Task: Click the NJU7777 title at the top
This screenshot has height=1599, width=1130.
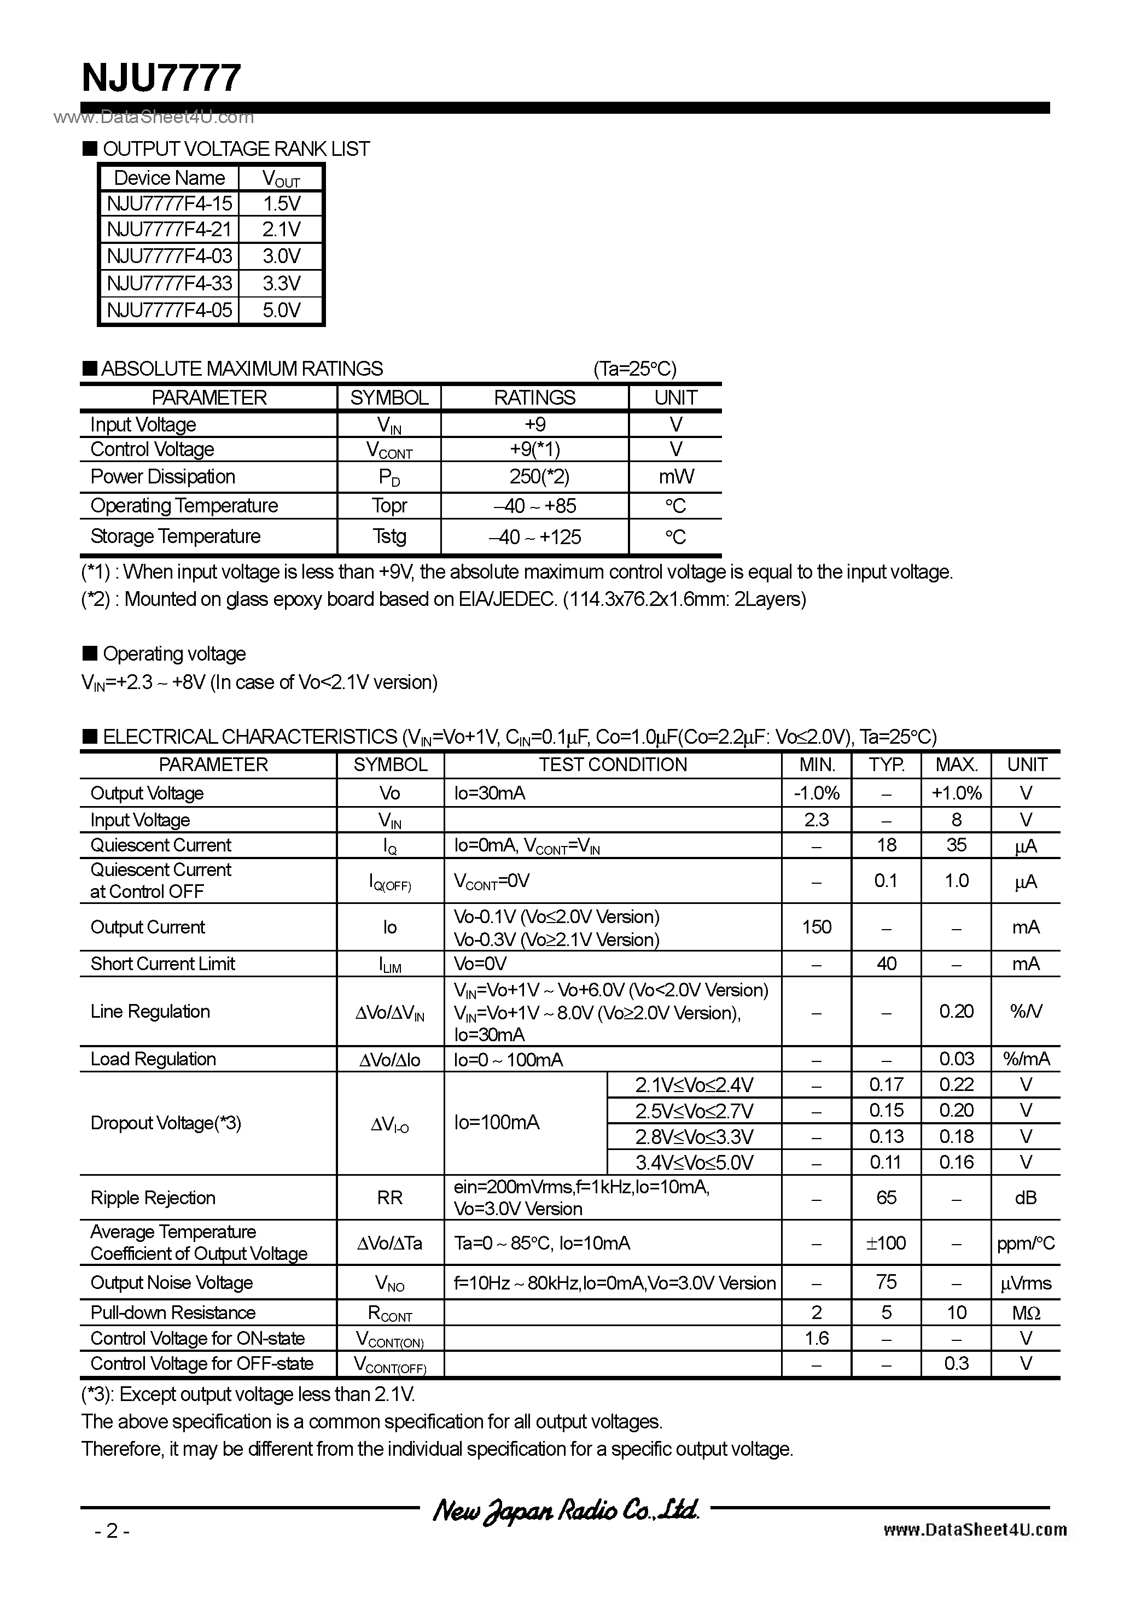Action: coord(162,78)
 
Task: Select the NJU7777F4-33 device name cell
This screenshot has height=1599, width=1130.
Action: coord(170,283)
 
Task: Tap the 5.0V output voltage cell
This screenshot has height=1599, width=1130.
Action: coord(282,310)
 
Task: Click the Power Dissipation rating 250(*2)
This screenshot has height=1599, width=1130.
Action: coord(534,477)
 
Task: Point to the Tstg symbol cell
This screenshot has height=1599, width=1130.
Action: coord(389,536)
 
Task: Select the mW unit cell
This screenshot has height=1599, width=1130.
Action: coord(675,477)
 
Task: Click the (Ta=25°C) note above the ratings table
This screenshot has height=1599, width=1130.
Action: coord(634,369)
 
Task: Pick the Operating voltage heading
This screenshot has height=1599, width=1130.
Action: coord(174,654)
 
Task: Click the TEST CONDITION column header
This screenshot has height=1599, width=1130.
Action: coord(613,765)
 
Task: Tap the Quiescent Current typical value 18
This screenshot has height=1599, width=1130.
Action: coord(886,845)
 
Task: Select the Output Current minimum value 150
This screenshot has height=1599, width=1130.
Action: coord(817,927)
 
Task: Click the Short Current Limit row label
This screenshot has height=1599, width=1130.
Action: coord(163,964)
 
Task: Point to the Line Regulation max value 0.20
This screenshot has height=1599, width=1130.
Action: coord(956,1011)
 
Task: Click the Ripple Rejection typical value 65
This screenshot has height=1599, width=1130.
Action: coord(886,1197)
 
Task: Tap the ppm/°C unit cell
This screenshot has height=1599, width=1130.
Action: coord(1026,1243)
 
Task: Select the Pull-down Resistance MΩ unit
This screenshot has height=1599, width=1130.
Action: coord(1026,1313)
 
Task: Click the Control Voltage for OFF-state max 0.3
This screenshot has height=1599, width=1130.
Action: coord(956,1364)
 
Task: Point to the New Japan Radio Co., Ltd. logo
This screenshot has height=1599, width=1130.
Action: coord(565,1510)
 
